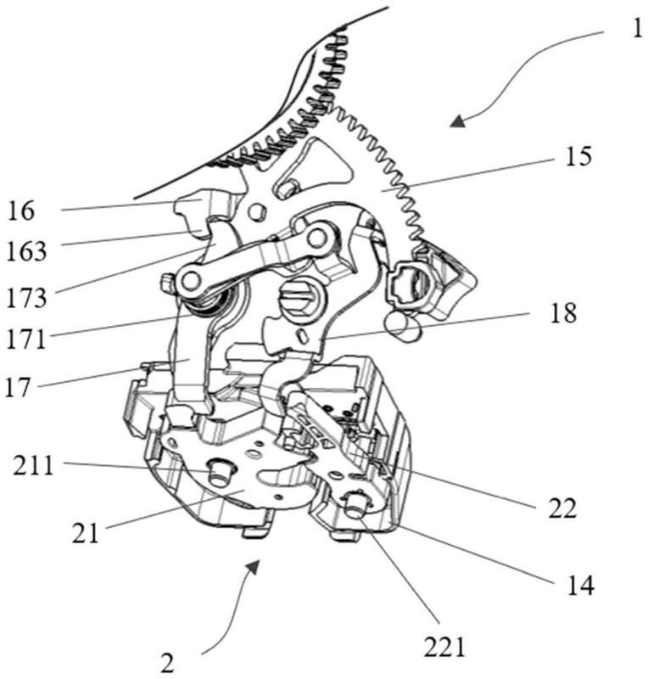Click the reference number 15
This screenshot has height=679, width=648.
coord(578,156)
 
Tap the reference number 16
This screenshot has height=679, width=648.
coord(20,210)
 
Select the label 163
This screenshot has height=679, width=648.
coord(26,251)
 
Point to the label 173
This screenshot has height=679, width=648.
coord(26,298)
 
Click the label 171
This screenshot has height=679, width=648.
coord(26,339)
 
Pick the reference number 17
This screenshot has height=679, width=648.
coord(18,387)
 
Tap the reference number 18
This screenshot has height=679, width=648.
coord(563,312)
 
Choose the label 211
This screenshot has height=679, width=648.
coord(33,465)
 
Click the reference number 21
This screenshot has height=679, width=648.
coord(86,532)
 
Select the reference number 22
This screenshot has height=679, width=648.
coord(562,508)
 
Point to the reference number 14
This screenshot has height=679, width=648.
coord(580,585)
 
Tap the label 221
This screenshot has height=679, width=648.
coord(444,648)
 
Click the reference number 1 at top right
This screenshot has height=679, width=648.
coord(636,29)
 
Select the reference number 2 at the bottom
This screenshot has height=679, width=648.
coord(168,663)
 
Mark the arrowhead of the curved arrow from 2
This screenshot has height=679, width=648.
coord(253,566)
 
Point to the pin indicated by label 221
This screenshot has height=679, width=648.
coord(358,504)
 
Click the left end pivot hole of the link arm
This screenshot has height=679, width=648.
coord(190,281)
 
